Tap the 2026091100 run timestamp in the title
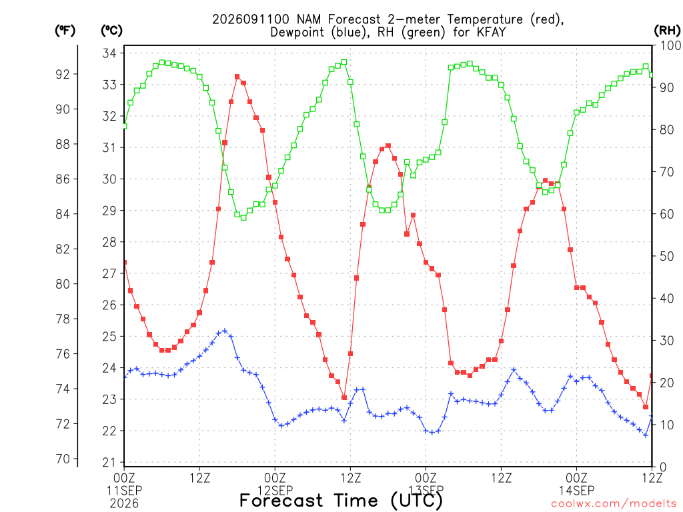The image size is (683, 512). [251, 19]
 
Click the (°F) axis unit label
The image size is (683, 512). [65, 31]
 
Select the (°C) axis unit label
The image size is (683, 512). [111, 31]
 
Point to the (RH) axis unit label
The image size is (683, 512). [667, 31]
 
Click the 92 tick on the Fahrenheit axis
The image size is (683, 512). [63, 75]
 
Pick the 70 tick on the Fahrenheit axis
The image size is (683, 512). [63, 459]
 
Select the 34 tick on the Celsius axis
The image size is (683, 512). [109, 53]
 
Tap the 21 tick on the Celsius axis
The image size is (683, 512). [109, 463]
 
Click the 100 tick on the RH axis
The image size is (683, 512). [670, 45]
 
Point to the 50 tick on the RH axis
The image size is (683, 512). [667, 256]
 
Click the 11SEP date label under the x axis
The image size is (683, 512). [124, 491]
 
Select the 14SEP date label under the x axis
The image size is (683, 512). [576, 491]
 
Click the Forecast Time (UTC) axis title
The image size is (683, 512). [341, 501]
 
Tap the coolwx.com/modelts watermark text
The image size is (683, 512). [614, 504]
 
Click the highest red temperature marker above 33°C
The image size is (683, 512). [237, 77]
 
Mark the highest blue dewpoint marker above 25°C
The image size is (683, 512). [225, 331]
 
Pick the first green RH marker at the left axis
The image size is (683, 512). [125, 126]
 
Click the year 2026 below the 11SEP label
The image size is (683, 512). [124, 504]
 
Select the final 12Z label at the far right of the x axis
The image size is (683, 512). [652, 478]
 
